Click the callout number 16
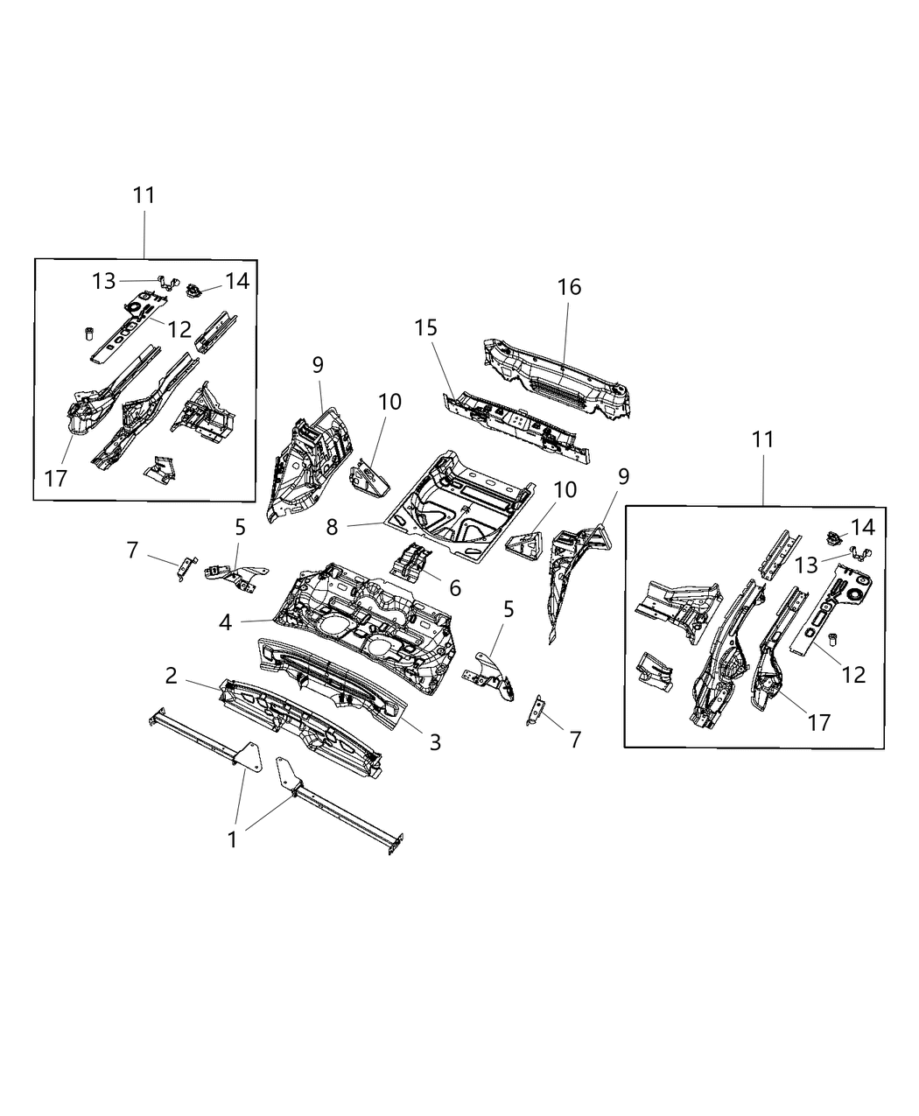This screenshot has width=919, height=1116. tap(569, 287)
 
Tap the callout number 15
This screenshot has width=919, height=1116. tap(426, 327)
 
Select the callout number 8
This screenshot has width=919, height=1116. tap(331, 529)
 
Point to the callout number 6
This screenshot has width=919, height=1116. tap(455, 587)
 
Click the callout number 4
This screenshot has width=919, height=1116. tap(226, 623)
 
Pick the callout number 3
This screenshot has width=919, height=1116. tap(435, 742)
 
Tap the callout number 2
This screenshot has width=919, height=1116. tap(172, 675)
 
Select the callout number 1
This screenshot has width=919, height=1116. tap(232, 839)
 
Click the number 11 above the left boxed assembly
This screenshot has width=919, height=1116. tap(144, 195)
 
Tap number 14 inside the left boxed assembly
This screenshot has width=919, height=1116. tap(236, 281)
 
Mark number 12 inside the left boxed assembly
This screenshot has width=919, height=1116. tap(179, 329)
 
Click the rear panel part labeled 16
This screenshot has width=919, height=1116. tap(551, 376)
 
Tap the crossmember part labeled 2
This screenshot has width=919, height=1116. tap(298, 722)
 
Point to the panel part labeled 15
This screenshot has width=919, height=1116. tap(516, 425)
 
